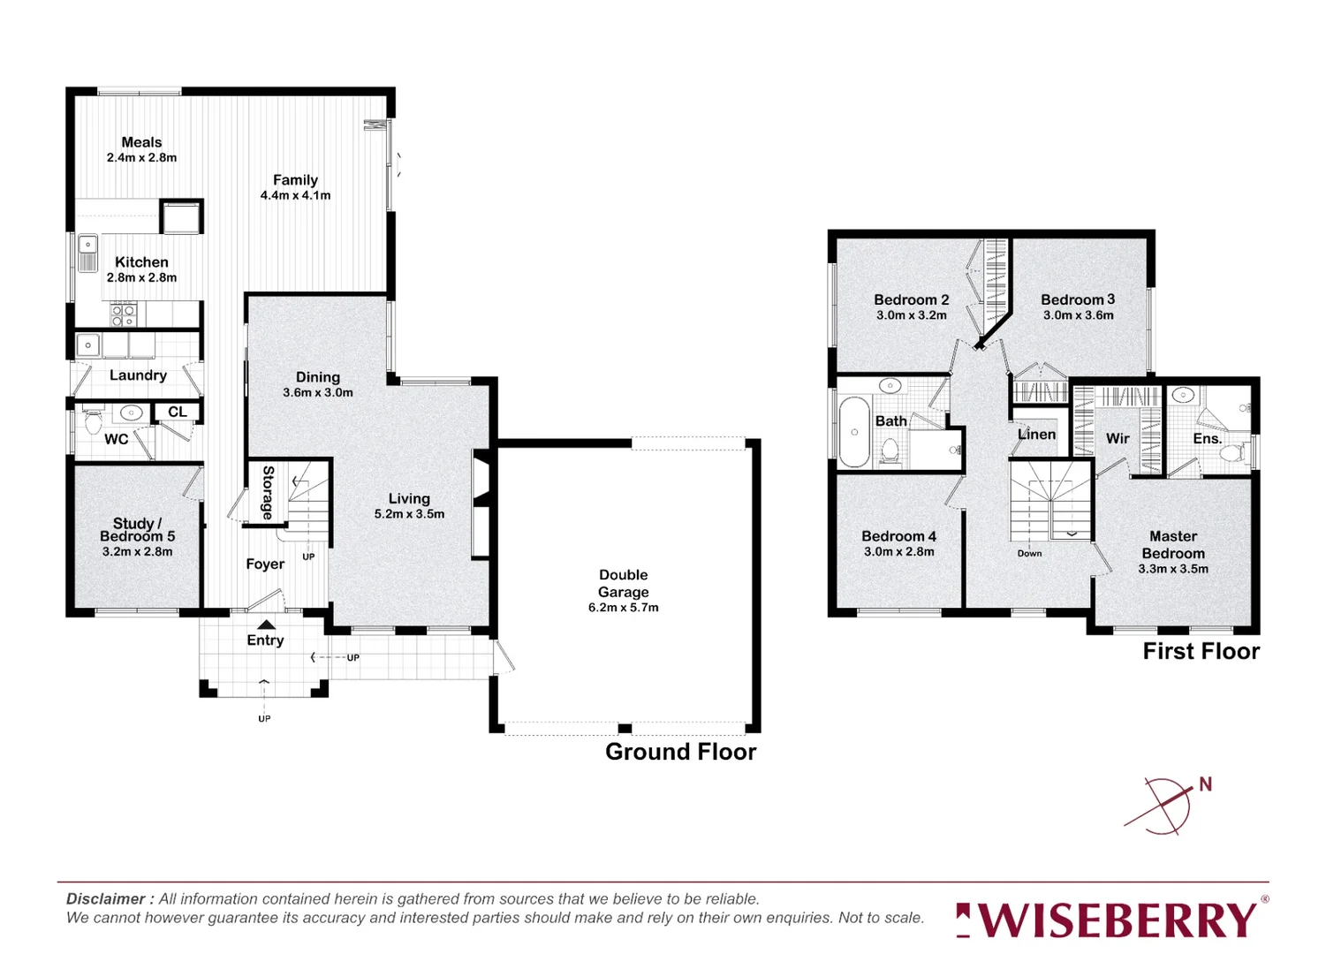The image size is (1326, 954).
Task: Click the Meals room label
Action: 141,142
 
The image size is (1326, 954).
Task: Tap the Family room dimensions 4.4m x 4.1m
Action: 295,195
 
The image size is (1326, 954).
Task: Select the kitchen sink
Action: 88,252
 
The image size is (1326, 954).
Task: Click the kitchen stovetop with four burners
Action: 124,313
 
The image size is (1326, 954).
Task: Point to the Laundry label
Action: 138,375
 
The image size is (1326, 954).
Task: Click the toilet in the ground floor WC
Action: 93,422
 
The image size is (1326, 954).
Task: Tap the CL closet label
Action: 178,412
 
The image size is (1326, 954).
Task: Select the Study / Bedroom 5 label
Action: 137,530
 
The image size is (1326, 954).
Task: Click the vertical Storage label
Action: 268,492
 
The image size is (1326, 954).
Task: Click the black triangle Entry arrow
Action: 266,625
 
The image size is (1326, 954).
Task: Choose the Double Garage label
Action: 623,583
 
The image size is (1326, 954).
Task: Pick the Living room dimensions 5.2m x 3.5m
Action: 409,514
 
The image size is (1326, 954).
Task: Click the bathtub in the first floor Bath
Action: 854,431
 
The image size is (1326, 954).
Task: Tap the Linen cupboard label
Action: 1036,435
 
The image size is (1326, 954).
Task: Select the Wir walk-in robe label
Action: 1118,438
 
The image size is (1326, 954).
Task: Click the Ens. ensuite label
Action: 1207,438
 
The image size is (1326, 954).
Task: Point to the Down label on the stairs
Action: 1029,554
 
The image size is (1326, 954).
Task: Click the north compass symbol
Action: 1168,805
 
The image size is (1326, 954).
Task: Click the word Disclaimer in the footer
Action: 105,899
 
